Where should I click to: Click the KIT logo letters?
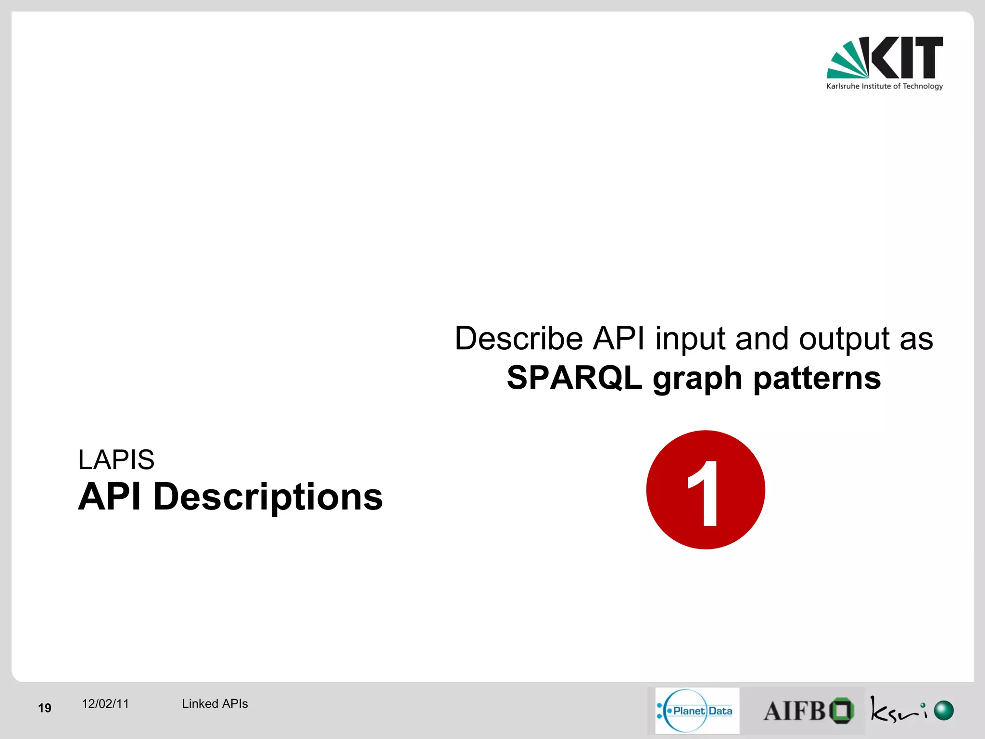(907, 57)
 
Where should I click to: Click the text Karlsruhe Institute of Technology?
(884, 87)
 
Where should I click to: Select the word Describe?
(518, 338)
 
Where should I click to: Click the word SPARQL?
(574, 378)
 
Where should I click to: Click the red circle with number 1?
(705, 490)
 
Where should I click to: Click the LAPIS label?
(116, 459)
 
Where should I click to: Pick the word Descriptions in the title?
(268, 497)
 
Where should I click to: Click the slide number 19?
(45, 708)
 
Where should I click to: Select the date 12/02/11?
(105, 704)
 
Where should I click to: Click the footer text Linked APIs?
(215, 704)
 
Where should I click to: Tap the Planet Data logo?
(696, 711)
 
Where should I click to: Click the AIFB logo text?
(794, 711)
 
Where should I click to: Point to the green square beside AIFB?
(842, 711)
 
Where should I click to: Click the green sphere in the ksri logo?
(943, 711)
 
